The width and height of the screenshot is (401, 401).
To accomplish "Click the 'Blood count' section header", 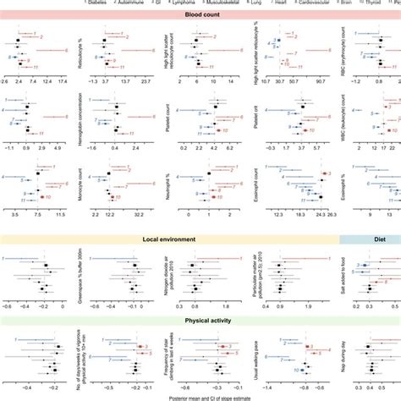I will point(200,14).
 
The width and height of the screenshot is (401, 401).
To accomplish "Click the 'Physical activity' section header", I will point(200,321).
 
